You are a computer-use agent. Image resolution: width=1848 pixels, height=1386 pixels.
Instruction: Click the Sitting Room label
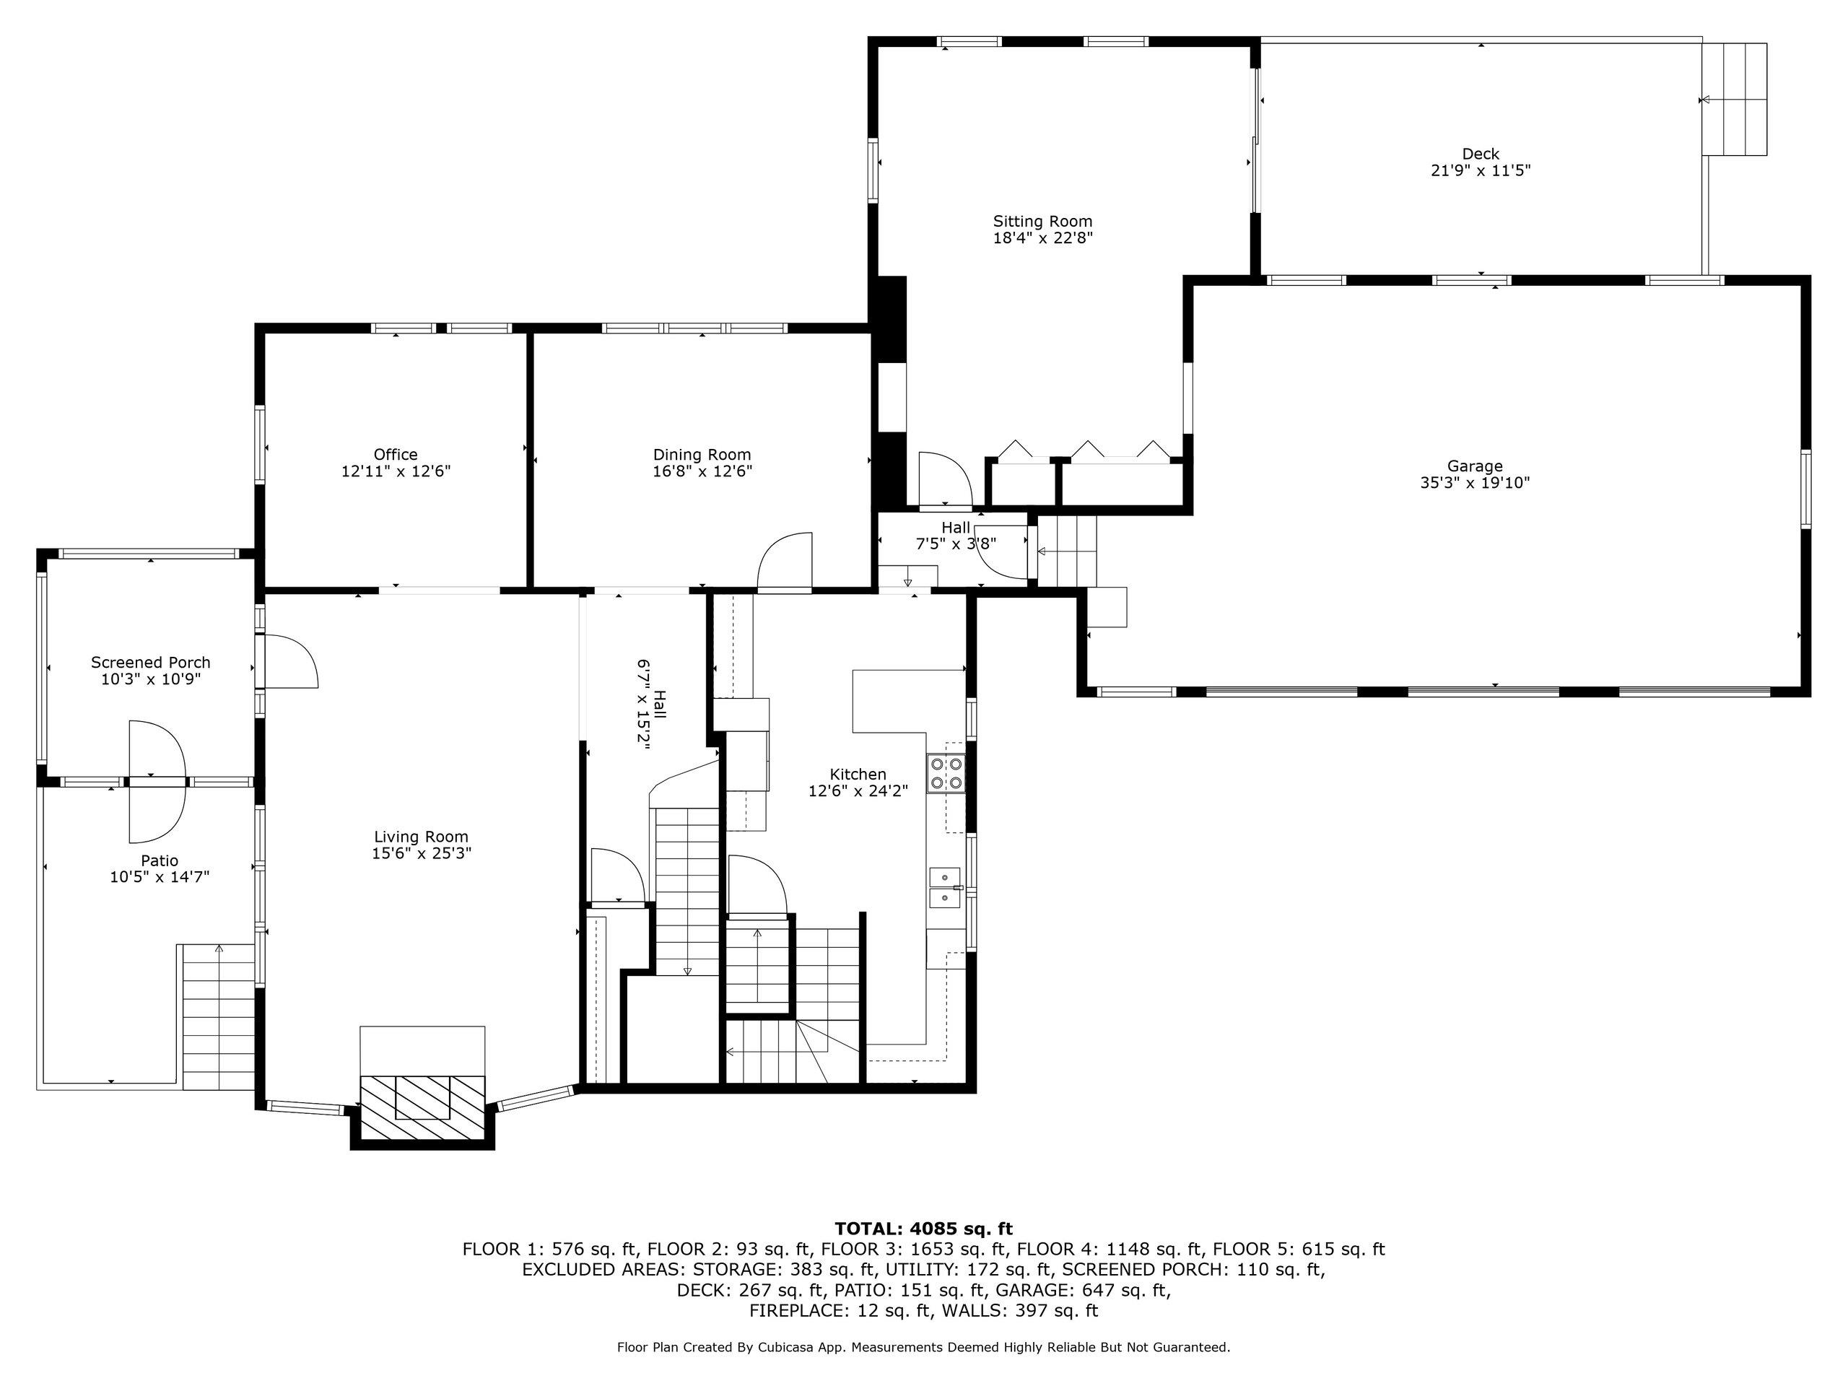click(1042, 222)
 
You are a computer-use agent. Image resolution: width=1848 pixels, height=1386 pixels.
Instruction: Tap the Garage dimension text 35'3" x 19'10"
click(1475, 482)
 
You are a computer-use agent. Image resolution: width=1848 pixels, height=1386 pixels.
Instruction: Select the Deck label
click(1481, 154)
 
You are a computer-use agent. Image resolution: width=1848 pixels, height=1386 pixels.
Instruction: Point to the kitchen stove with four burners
click(946, 773)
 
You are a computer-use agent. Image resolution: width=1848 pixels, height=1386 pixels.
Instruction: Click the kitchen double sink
click(946, 887)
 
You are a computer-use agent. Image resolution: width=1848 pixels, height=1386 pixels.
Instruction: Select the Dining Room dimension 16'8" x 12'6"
click(702, 471)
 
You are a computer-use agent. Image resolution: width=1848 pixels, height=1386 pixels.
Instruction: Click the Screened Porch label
click(150, 663)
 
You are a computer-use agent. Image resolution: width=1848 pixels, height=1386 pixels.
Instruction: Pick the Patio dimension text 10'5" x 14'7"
click(159, 876)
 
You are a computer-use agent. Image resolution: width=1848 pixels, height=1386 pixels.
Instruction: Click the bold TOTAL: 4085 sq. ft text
click(923, 1228)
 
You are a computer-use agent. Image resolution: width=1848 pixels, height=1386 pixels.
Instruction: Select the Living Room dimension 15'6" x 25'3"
click(421, 853)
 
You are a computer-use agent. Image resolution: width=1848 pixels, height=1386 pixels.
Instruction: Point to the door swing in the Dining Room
click(785, 562)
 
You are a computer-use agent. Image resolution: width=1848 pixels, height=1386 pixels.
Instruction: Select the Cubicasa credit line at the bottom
click(923, 1347)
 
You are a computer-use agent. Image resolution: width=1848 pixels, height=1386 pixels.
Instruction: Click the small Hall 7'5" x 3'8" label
click(956, 536)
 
